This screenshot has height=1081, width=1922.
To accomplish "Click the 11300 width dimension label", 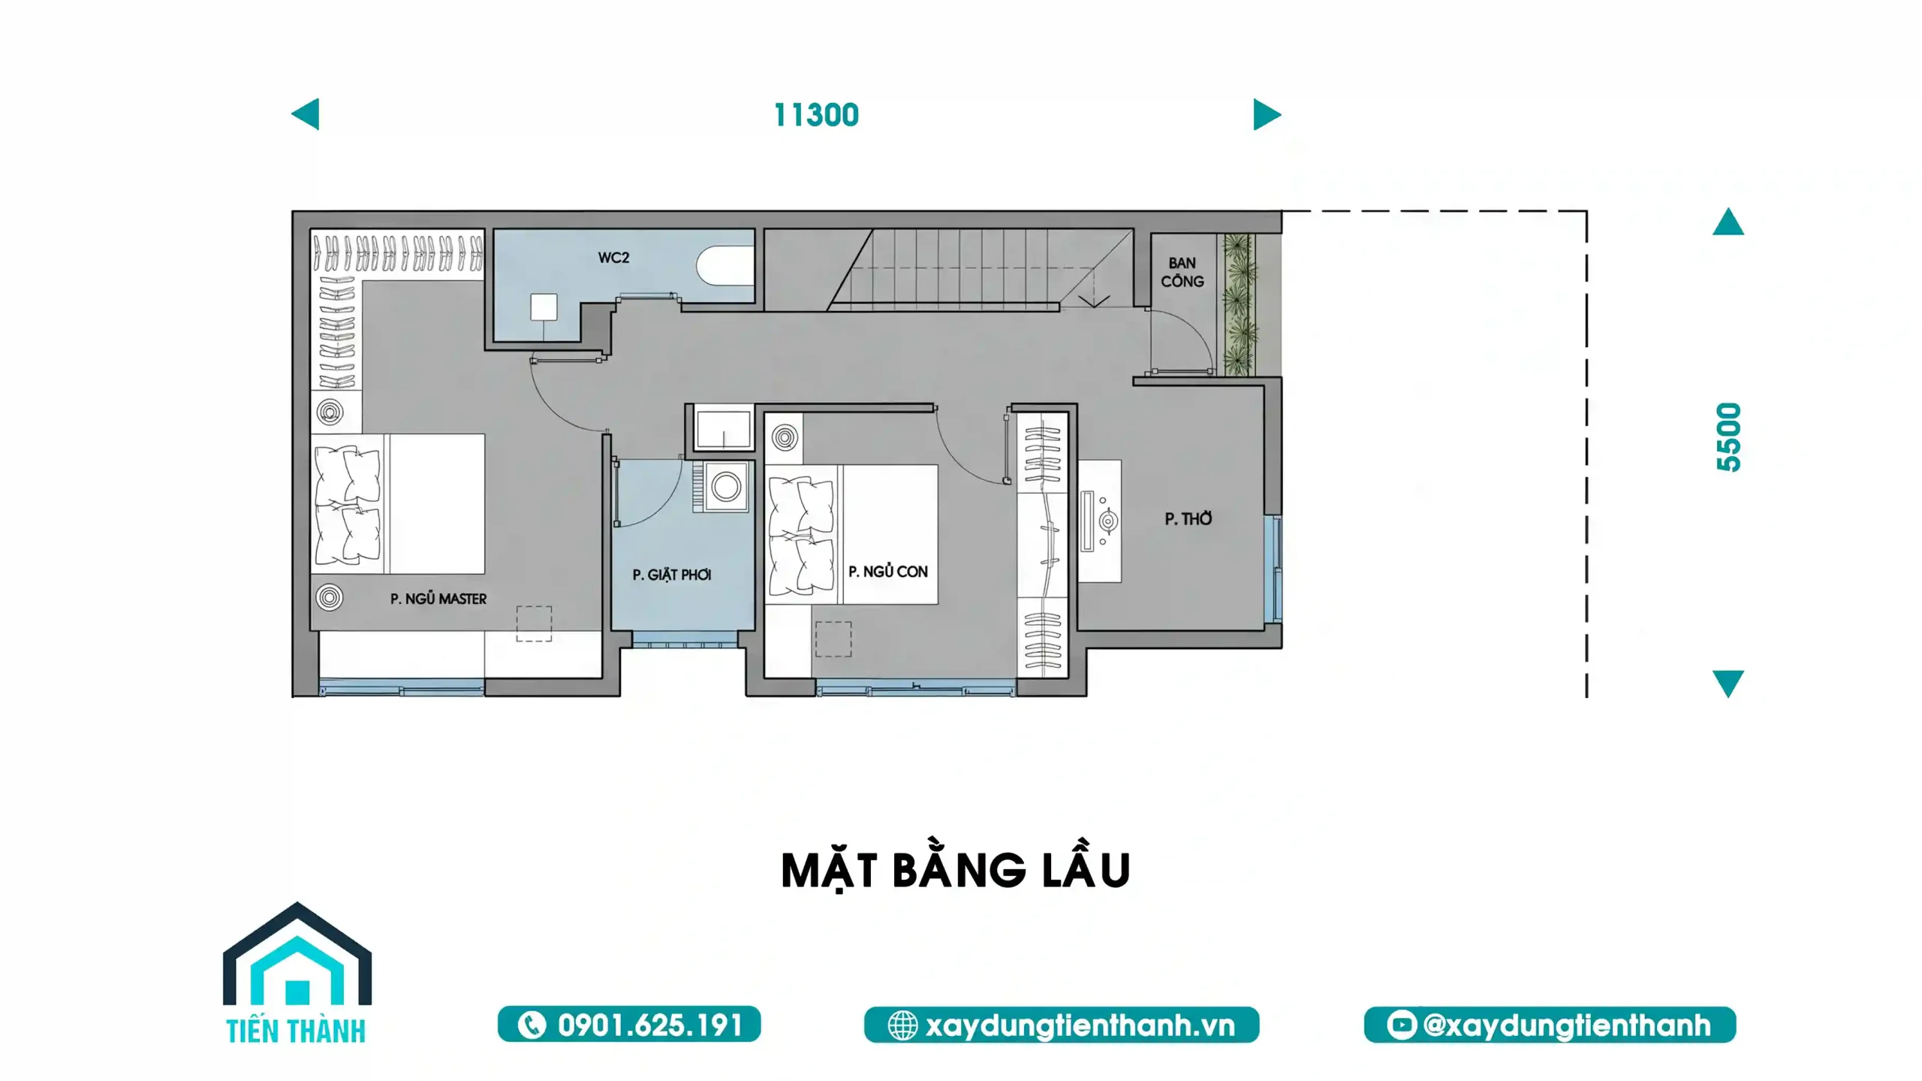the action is [816, 115].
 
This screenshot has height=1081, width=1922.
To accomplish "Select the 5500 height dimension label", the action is [1728, 437].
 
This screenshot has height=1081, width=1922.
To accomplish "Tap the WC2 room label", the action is [613, 258].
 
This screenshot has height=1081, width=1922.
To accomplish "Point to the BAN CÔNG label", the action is [1182, 272].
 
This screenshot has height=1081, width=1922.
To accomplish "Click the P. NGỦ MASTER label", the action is [438, 599].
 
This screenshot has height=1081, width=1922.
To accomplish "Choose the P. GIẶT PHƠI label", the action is [672, 575].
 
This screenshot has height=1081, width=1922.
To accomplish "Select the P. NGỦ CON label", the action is [888, 572].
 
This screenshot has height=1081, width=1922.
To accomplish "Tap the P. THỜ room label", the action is [1188, 518].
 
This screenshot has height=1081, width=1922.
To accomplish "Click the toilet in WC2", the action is [725, 265].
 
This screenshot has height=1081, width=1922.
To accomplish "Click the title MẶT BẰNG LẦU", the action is [956, 870].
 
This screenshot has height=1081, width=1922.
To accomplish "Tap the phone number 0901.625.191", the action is [650, 1025].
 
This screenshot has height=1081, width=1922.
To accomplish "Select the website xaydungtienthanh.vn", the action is [1080, 1025].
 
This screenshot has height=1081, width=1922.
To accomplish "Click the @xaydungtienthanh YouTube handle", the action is [1567, 1025].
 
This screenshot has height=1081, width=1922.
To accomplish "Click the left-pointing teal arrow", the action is [305, 114].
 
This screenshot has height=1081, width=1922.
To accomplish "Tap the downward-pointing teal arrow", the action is [1728, 684].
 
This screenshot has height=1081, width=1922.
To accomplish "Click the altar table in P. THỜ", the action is [1100, 521].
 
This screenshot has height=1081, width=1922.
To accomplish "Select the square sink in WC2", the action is [544, 306].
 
